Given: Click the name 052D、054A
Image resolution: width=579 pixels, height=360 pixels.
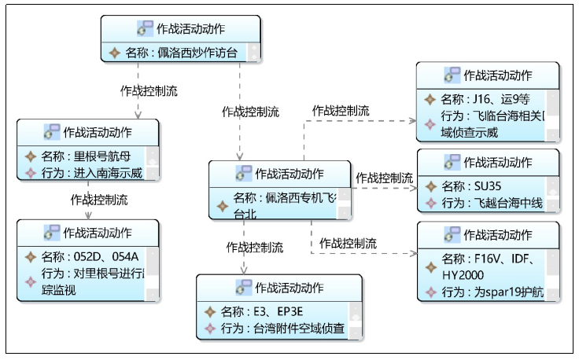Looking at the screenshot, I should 105,256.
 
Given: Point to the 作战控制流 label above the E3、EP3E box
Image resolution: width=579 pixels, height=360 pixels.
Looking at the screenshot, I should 256,247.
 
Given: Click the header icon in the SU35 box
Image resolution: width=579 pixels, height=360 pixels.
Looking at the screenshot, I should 452,163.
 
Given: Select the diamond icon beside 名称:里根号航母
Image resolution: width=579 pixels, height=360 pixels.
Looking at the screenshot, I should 31,156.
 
